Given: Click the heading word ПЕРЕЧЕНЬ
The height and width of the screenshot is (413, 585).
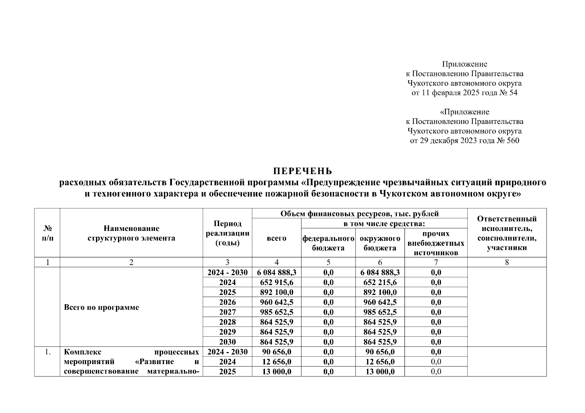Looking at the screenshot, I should pyautogui.click(x=302, y=171).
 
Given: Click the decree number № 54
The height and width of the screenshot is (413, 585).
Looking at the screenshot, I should pyautogui.click(x=508, y=93).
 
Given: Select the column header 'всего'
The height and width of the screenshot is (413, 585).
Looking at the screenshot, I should pyautogui.click(x=276, y=238).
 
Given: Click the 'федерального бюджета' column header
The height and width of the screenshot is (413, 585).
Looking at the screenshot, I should pyautogui.click(x=328, y=243).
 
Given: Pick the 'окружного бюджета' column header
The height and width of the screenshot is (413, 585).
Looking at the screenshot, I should pyautogui.click(x=380, y=243).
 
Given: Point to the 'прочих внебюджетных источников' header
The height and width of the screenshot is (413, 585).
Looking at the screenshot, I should pyautogui.click(x=436, y=243).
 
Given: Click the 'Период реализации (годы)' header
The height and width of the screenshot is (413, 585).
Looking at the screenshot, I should pyautogui.click(x=227, y=233).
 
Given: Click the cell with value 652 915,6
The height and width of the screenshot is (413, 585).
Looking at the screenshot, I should pyautogui.click(x=276, y=283).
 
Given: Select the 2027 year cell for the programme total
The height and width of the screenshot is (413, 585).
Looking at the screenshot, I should pyautogui.click(x=227, y=312).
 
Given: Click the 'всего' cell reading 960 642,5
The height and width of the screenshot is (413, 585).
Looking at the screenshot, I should pyautogui.click(x=276, y=302).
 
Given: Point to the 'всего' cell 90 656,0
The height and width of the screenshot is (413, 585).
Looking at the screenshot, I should pyautogui.click(x=276, y=352).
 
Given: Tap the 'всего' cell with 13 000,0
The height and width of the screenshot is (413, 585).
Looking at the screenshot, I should pyautogui.click(x=276, y=372).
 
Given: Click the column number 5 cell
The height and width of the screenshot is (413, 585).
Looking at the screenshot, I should pyautogui.click(x=328, y=262).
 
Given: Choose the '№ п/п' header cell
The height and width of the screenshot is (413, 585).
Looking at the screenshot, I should pyautogui.click(x=47, y=233).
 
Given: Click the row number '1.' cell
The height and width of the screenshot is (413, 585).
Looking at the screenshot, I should pyautogui.click(x=47, y=352).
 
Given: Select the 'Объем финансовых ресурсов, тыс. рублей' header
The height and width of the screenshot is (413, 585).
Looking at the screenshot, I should pyautogui.click(x=359, y=214).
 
